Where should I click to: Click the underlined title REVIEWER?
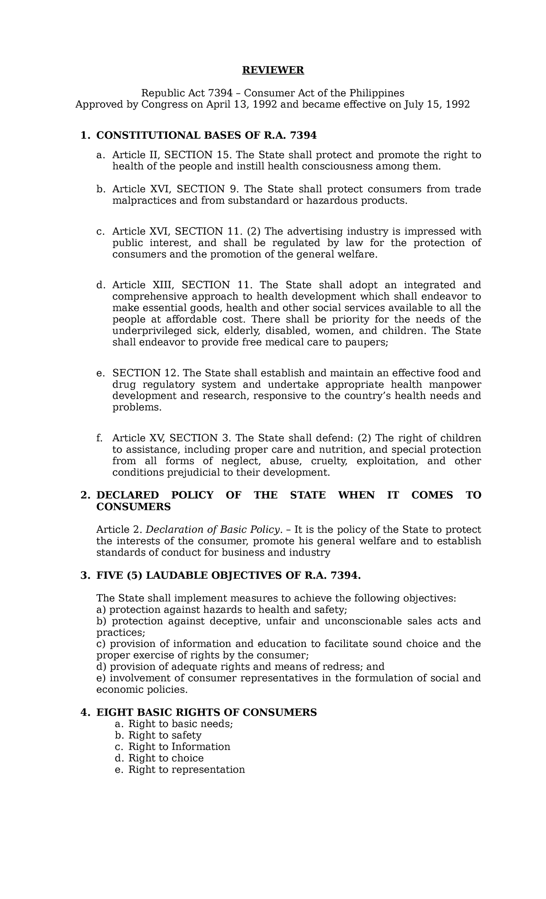[x=273, y=70]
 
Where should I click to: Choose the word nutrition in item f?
[x=342, y=450]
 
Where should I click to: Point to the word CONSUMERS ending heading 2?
[x=133, y=507]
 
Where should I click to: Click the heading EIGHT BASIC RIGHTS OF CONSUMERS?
[x=206, y=712]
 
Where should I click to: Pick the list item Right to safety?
[x=165, y=735]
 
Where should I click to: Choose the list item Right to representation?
[x=187, y=769]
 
